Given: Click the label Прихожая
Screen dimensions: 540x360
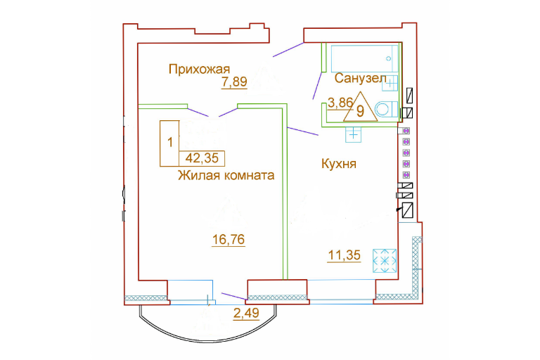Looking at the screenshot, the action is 199,70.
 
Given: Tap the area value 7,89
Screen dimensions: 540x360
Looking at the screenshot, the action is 234,82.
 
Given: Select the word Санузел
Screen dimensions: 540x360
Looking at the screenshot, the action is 360,79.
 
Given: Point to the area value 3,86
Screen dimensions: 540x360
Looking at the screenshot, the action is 340,103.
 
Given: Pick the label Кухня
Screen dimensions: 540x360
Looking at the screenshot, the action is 338,164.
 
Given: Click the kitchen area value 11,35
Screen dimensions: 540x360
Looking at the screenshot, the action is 345,255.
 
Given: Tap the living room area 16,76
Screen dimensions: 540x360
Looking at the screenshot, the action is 229,239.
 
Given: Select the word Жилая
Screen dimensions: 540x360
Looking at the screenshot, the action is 199,175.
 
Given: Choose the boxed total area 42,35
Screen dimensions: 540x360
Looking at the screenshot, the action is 202,158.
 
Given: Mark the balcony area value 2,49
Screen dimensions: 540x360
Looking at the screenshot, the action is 246,313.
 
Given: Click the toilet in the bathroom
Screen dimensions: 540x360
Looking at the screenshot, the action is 386,110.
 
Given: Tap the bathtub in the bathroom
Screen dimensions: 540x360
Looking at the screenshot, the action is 364,58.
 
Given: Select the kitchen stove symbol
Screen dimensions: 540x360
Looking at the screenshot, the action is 385,261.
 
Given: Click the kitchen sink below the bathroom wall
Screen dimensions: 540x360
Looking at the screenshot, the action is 354,135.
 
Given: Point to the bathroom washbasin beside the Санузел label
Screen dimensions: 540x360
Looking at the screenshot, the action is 390,83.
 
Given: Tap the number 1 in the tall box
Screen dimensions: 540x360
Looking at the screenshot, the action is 169,142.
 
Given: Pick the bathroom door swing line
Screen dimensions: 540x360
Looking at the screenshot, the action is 318,86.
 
